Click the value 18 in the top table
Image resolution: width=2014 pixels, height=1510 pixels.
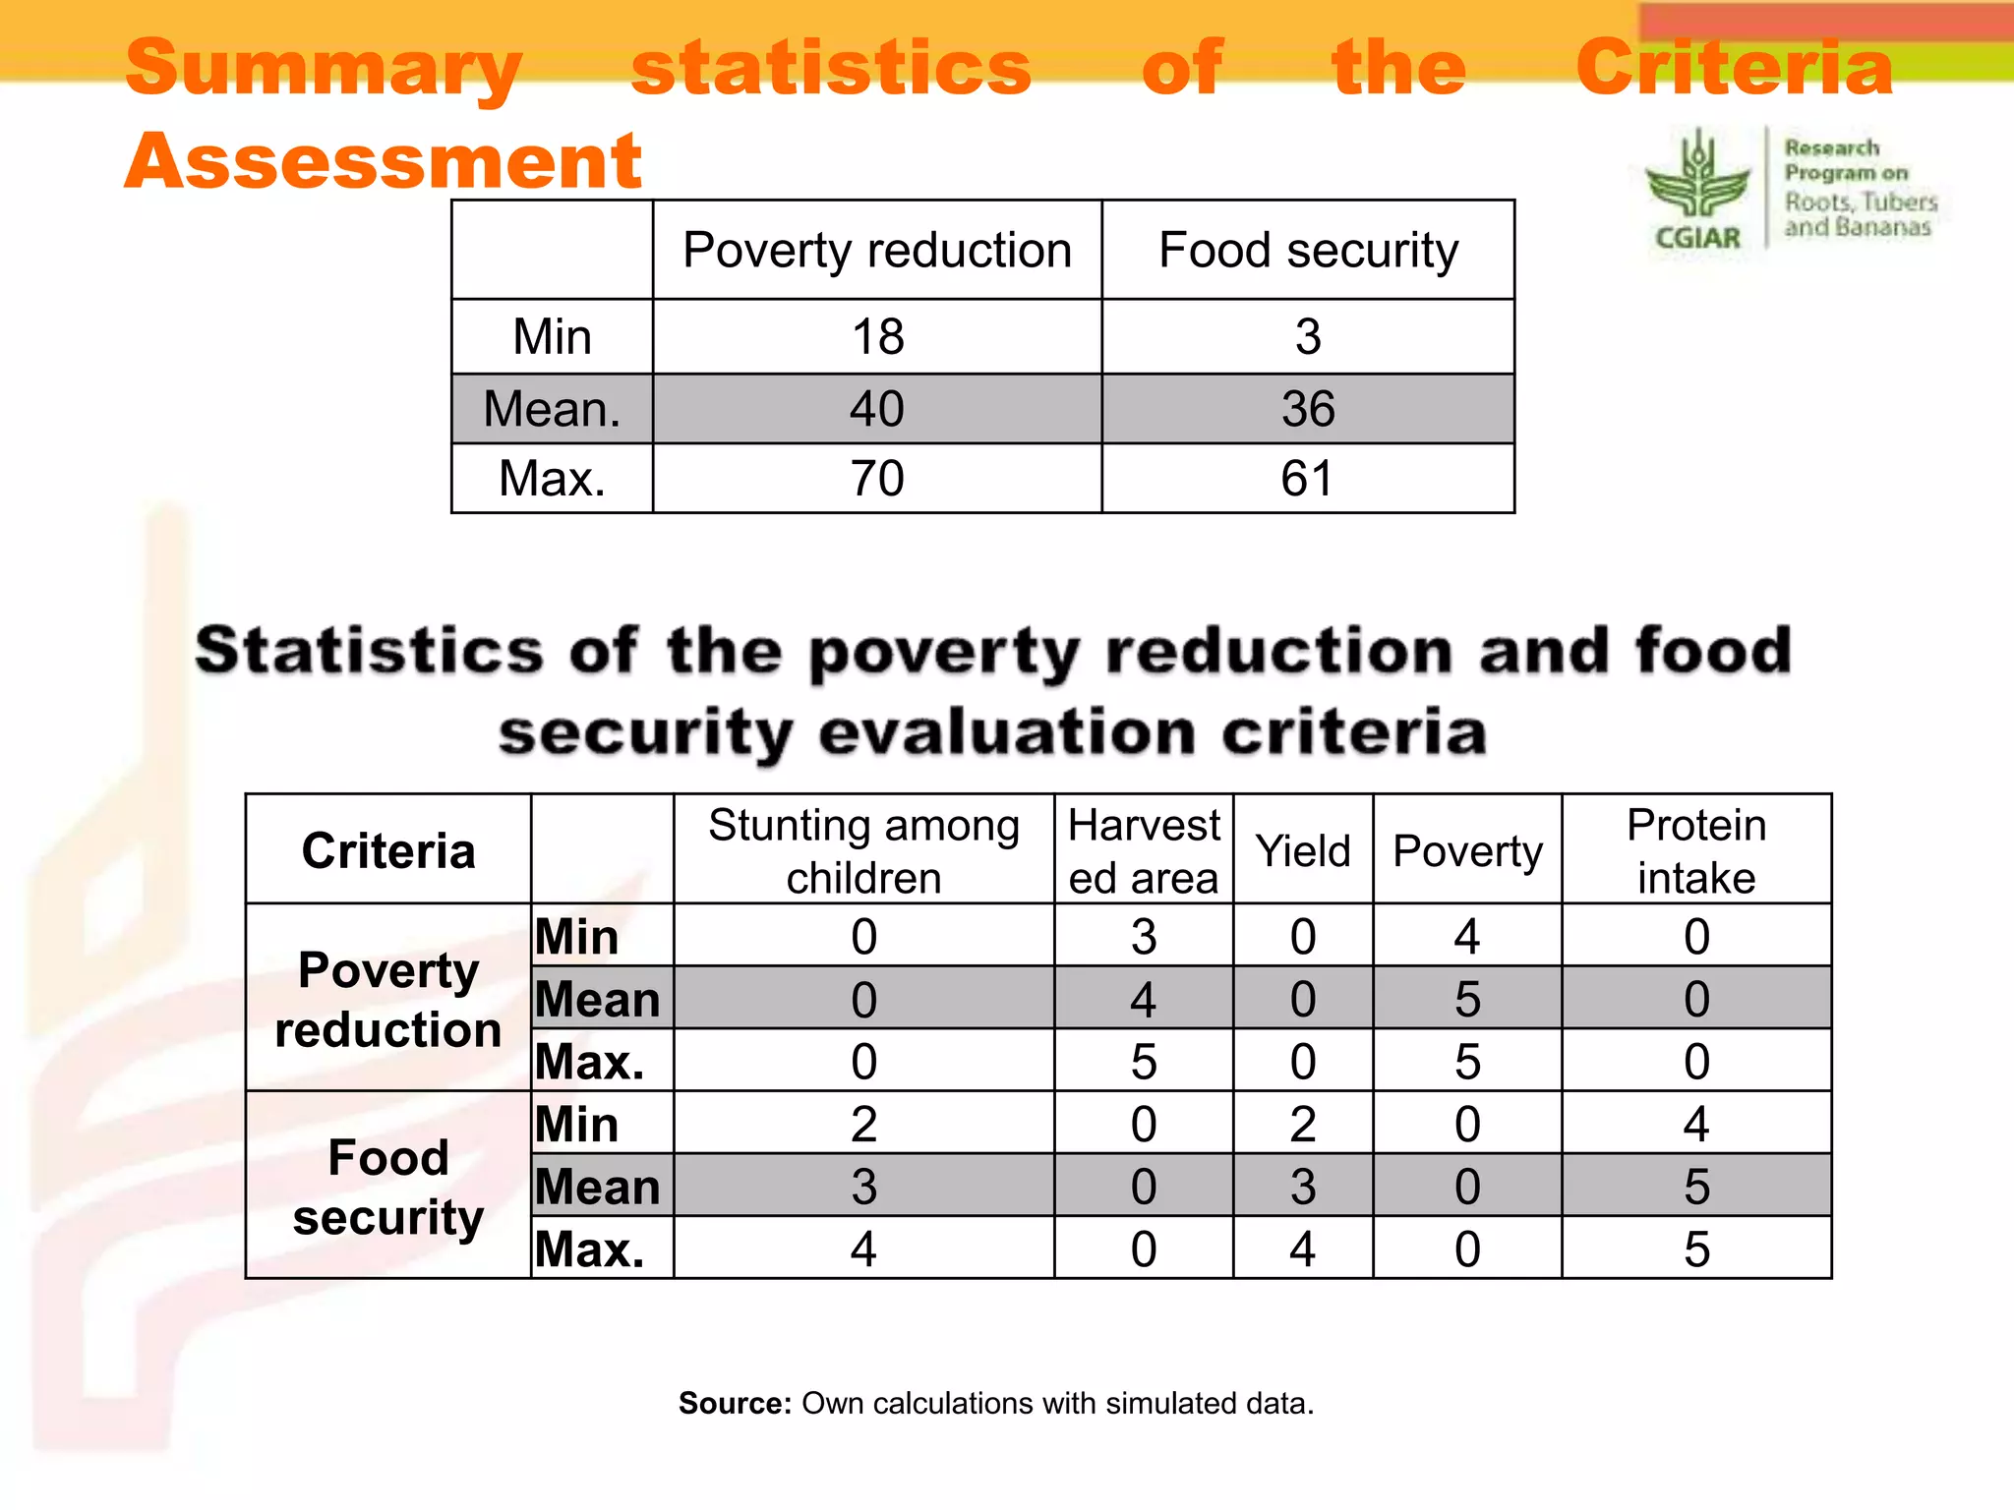(x=877, y=337)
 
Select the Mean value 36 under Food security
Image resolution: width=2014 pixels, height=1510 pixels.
(x=1307, y=409)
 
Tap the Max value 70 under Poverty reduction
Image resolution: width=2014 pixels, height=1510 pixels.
(x=877, y=479)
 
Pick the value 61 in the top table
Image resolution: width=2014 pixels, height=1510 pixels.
(x=1307, y=479)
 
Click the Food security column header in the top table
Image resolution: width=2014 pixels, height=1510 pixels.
(x=1307, y=251)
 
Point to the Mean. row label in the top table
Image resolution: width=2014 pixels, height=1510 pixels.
(x=552, y=409)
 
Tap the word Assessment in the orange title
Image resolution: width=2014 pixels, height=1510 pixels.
(x=384, y=161)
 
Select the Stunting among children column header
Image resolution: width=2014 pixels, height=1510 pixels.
(x=863, y=850)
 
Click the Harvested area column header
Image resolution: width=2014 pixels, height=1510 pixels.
(x=1143, y=850)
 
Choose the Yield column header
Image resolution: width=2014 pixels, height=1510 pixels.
(x=1302, y=850)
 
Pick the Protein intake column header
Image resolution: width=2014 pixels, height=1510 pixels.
(x=1695, y=850)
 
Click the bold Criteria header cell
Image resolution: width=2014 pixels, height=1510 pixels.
(x=387, y=850)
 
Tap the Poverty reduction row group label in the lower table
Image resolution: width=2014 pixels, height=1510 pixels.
(x=387, y=999)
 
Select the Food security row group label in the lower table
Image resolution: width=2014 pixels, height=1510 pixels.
(x=387, y=1187)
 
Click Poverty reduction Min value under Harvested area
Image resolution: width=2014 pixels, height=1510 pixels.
(x=1143, y=937)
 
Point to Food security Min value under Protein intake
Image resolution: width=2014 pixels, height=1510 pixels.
(x=1695, y=1124)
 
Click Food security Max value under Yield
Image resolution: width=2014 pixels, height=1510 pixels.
(x=1302, y=1249)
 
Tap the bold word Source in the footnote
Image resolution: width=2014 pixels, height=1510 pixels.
(x=734, y=1403)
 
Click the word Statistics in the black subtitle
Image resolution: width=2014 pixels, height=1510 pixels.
(x=369, y=651)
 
